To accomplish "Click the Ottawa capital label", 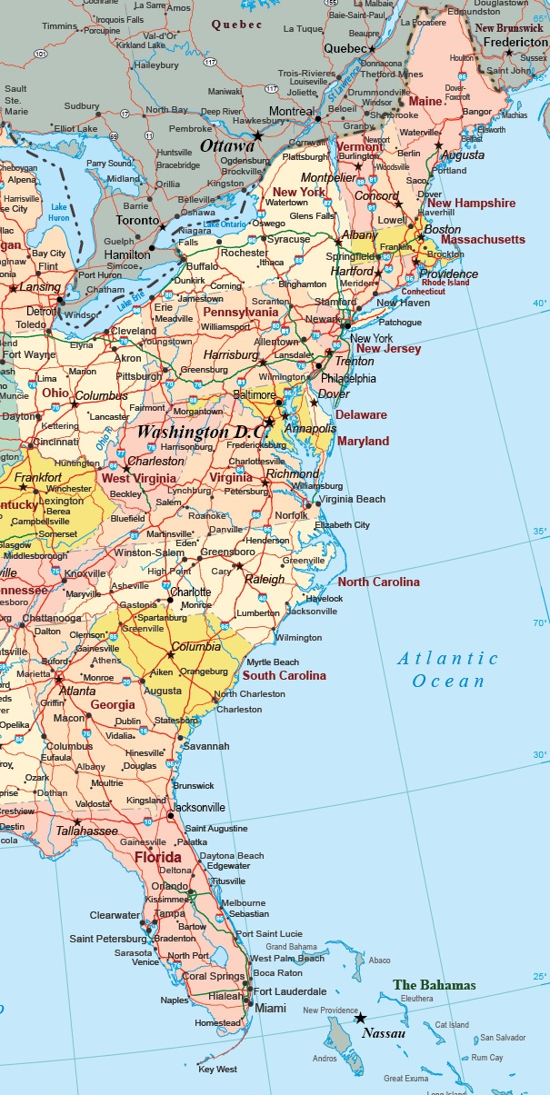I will [x=227, y=145].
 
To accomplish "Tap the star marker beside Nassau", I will [x=360, y=1018].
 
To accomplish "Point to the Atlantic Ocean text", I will [x=447, y=670].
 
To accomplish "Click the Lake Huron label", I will [x=60, y=212].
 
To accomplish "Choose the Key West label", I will [x=217, y=1070].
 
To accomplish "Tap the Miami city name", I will [x=270, y=1009].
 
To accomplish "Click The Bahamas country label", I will [x=434, y=985].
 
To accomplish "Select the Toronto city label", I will [x=138, y=221].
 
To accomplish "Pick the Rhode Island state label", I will [x=445, y=282].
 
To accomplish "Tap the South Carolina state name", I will [x=284, y=675].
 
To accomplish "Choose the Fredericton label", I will [x=515, y=42].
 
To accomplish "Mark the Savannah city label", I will [x=206, y=746].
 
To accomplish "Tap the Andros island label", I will [x=324, y=1058].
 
